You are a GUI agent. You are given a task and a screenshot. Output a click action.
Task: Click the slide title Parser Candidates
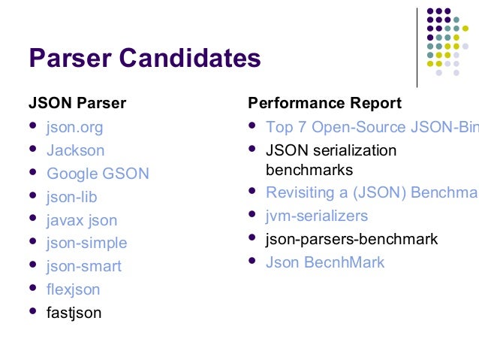144,58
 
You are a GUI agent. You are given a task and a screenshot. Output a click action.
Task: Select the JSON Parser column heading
77,103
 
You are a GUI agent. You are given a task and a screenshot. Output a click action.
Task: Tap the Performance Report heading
324,103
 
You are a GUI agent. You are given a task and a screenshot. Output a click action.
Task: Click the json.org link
74,127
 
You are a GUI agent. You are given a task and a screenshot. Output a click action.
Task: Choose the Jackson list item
75,150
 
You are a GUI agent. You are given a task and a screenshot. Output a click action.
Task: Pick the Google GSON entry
98,174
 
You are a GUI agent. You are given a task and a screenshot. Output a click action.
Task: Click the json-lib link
71,197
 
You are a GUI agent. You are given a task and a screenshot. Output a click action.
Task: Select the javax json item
82,220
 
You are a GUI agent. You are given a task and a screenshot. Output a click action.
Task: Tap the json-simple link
86,243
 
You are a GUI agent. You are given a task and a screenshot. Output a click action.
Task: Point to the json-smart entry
83,266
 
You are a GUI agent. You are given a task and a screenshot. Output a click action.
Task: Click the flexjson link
73,289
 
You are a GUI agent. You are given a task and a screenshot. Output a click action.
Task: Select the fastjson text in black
74,313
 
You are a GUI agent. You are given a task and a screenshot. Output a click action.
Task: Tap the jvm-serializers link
317,216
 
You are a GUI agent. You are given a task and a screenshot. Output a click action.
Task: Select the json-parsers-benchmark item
351,240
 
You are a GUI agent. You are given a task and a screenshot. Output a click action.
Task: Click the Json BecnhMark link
325,262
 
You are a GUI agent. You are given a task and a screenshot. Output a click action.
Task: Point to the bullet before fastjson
32,311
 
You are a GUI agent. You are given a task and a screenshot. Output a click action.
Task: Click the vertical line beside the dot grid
417,47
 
